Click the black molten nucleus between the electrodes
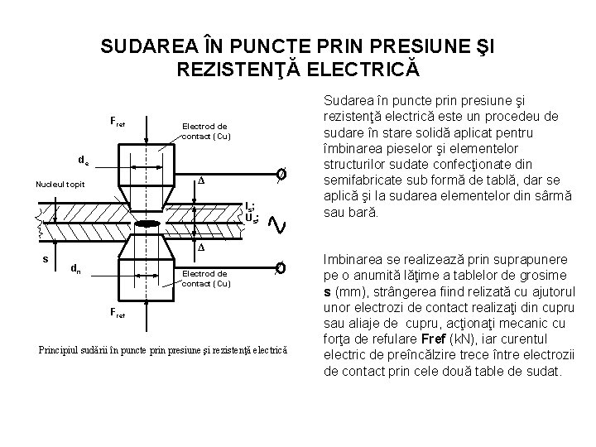coord(148,223)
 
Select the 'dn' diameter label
coord(75,267)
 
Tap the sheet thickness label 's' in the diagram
coord(45,259)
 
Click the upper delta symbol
coord(199,180)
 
